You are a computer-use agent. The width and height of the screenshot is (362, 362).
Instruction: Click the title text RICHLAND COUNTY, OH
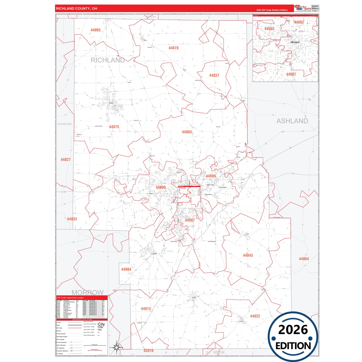pos(76,9)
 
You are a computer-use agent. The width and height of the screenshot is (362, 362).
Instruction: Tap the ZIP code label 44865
pos(95,30)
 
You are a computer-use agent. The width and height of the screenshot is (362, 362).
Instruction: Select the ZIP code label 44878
pos(173,48)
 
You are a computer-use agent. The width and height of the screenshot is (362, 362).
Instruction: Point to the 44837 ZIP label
pos(214,75)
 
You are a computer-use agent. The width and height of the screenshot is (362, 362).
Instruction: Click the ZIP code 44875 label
pos(114,127)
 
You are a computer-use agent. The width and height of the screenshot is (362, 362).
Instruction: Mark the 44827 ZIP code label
pos(66,159)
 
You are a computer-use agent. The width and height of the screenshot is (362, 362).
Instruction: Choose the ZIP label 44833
pos(72,219)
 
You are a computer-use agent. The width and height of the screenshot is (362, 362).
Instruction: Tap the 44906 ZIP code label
pos(161,187)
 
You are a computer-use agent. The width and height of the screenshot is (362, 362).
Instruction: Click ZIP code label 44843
pos(248,255)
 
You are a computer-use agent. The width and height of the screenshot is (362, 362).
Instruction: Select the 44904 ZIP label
pos(126,269)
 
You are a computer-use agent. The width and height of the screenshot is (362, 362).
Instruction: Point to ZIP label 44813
pos(146,309)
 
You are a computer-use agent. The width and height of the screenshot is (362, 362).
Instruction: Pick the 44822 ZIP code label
pos(255,316)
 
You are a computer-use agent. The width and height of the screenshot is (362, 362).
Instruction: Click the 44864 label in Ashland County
pos(304,259)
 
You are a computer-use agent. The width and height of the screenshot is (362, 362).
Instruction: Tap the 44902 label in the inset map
pos(299,22)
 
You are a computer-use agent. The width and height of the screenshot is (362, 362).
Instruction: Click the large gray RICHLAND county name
pos(107,60)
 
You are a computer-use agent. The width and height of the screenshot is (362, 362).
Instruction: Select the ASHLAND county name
pos(292,121)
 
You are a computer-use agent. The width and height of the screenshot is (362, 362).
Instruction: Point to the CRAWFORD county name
pos(65,124)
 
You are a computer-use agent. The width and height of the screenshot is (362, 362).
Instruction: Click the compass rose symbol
pos(116,347)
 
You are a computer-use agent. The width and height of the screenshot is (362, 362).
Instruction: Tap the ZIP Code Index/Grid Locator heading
pos(70,298)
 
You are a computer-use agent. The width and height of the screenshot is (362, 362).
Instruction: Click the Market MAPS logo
pos(303,8)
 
